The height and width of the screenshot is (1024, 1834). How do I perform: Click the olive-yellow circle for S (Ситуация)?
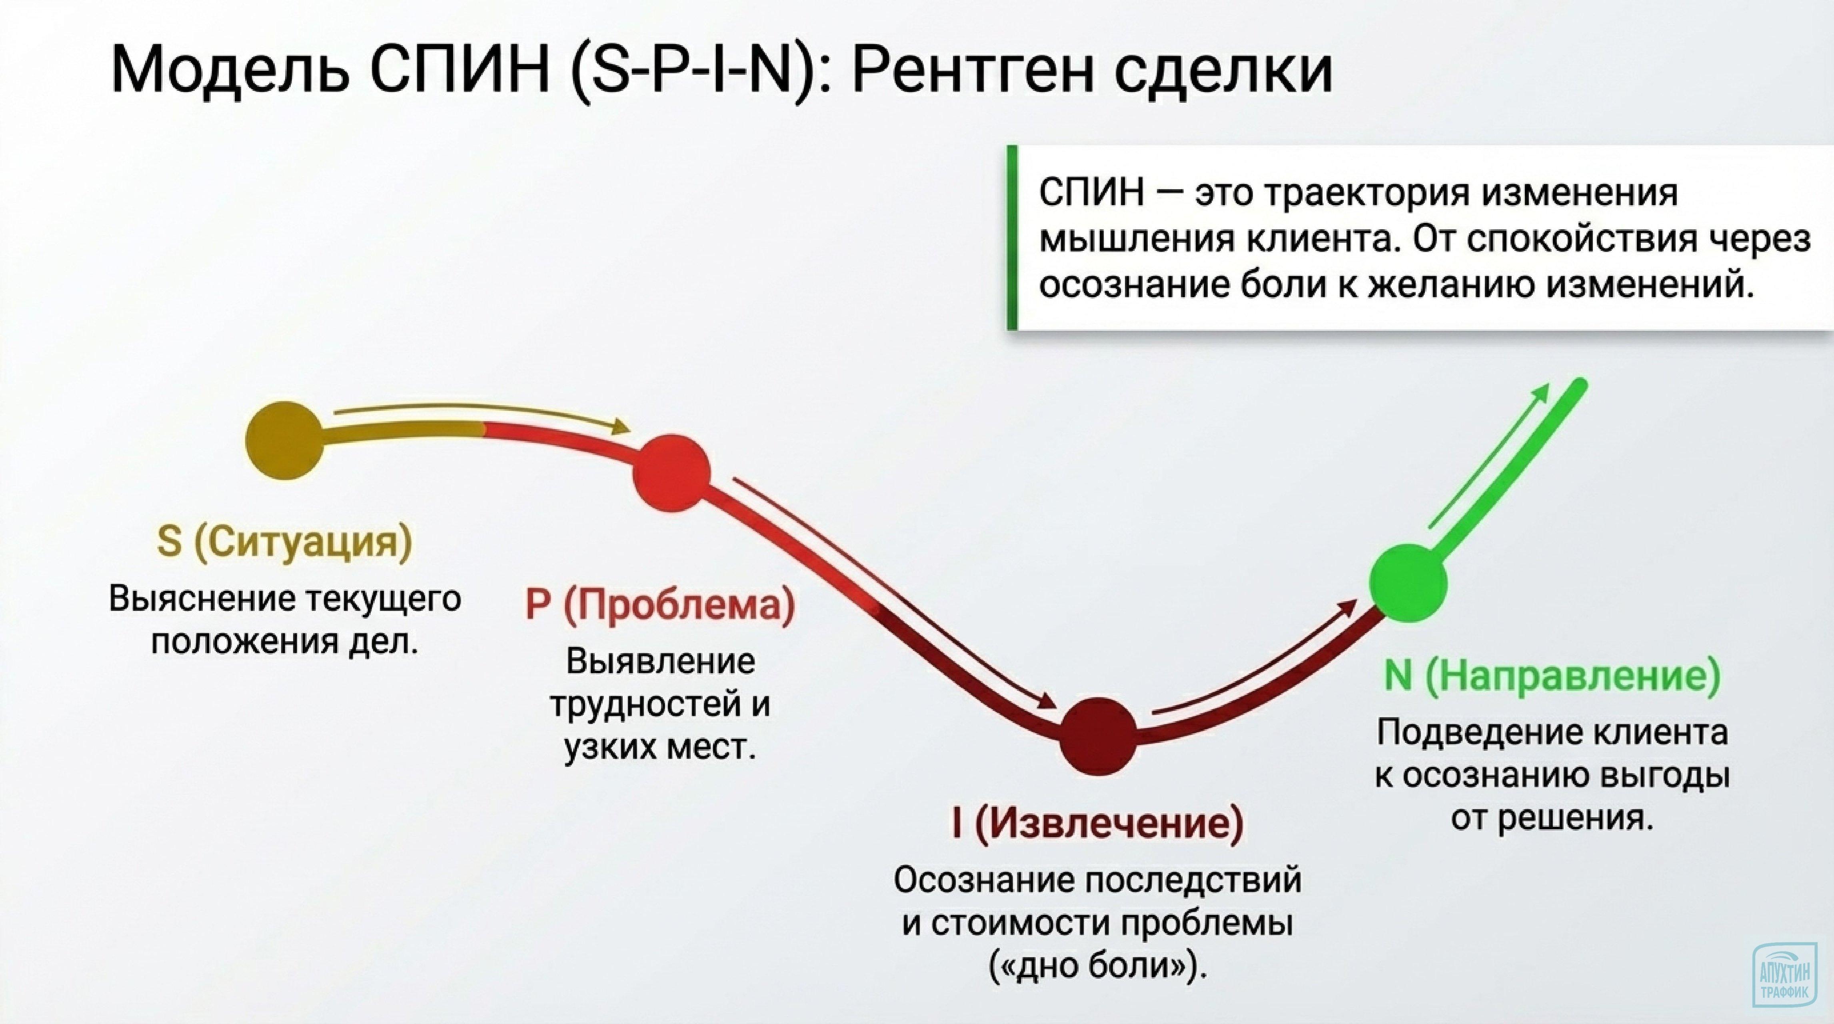[284, 441]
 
